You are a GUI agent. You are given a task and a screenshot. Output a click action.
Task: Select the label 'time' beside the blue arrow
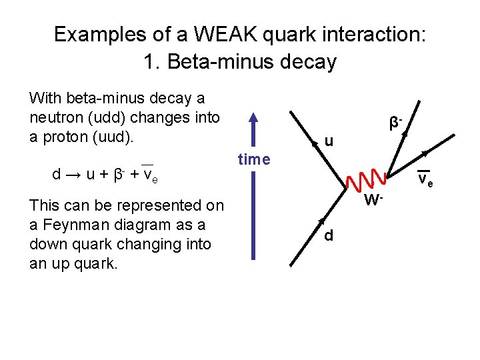coord(254,159)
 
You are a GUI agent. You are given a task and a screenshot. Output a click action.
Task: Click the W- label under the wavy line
coord(373,199)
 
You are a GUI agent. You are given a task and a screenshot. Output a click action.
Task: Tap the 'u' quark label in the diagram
coord(329,141)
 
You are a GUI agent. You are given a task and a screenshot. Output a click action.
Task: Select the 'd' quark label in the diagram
coord(329,236)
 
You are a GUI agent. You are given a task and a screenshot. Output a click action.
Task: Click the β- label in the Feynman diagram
coord(397,123)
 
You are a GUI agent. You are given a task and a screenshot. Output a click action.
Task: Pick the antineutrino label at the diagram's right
coord(425,181)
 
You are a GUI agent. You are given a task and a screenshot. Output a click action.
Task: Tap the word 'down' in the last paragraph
coord(48,244)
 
